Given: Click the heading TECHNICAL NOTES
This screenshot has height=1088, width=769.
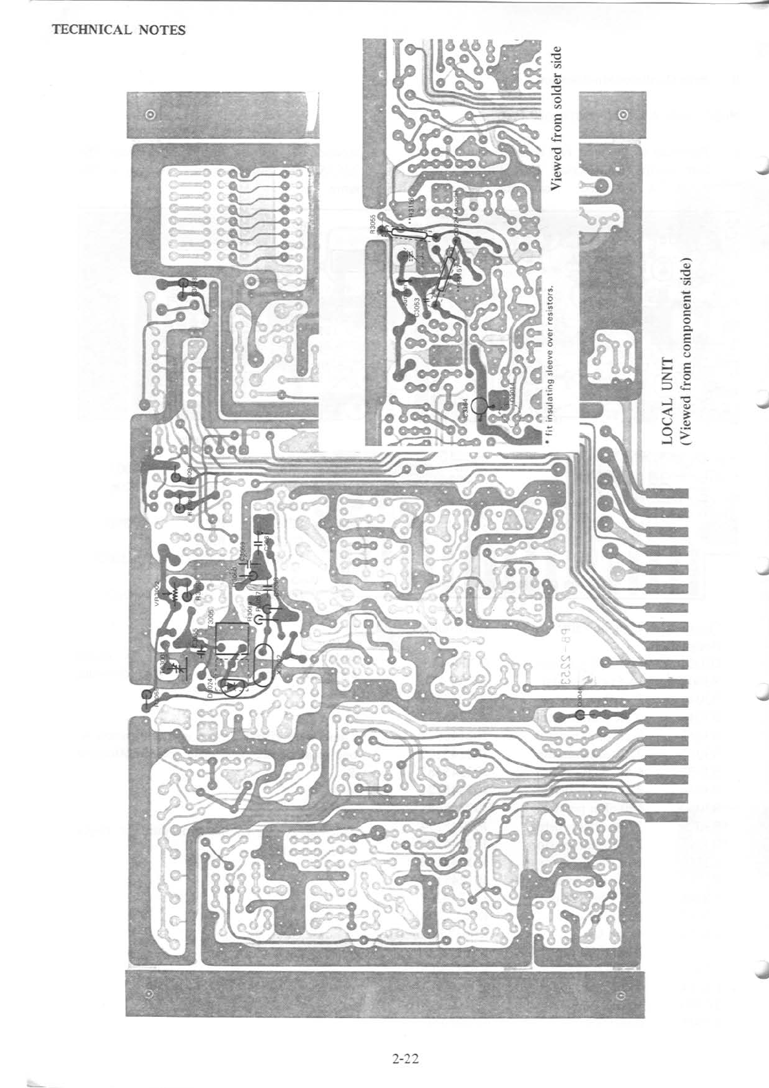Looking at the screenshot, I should coord(118,30).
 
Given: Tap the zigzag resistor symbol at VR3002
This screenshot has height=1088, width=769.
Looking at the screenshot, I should coord(173,593).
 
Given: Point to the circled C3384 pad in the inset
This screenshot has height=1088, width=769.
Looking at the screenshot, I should coord(480,406).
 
